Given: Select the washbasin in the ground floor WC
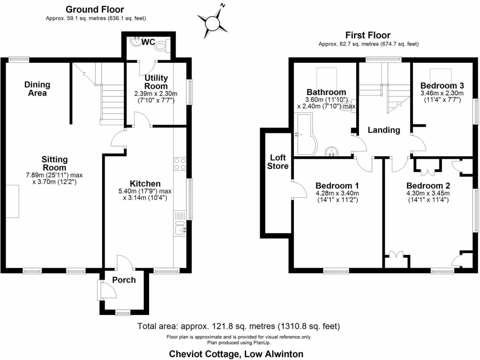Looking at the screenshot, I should (x=135, y=42).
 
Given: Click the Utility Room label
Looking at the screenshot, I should (x=156, y=82).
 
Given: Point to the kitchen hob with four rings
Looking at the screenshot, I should (x=180, y=164).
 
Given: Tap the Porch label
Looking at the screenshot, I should (x=124, y=280).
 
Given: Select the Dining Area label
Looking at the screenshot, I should (x=37, y=89).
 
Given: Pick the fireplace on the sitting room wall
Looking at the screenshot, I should (x=15, y=201).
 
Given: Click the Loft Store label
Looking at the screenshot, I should (x=277, y=162).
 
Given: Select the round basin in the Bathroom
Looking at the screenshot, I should (x=332, y=150).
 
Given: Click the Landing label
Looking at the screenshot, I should (x=383, y=130).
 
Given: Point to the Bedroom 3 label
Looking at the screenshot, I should (x=442, y=86).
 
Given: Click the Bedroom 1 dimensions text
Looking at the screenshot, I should (x=337, y=196).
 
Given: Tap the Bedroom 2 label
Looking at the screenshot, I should (x=428, y=185).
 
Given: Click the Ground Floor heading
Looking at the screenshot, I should (x=95, y=9).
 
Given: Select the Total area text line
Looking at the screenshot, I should (x=239, y=326).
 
